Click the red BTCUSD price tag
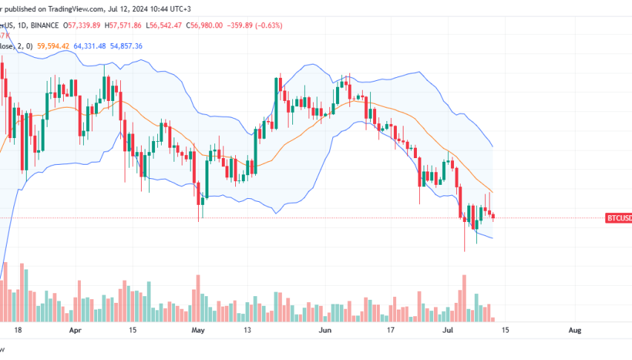pos(619,218)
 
